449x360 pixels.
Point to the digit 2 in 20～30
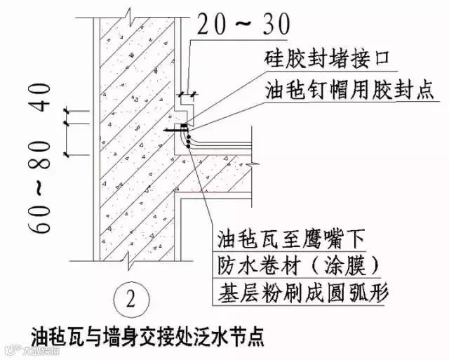click(x=204, y=25)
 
